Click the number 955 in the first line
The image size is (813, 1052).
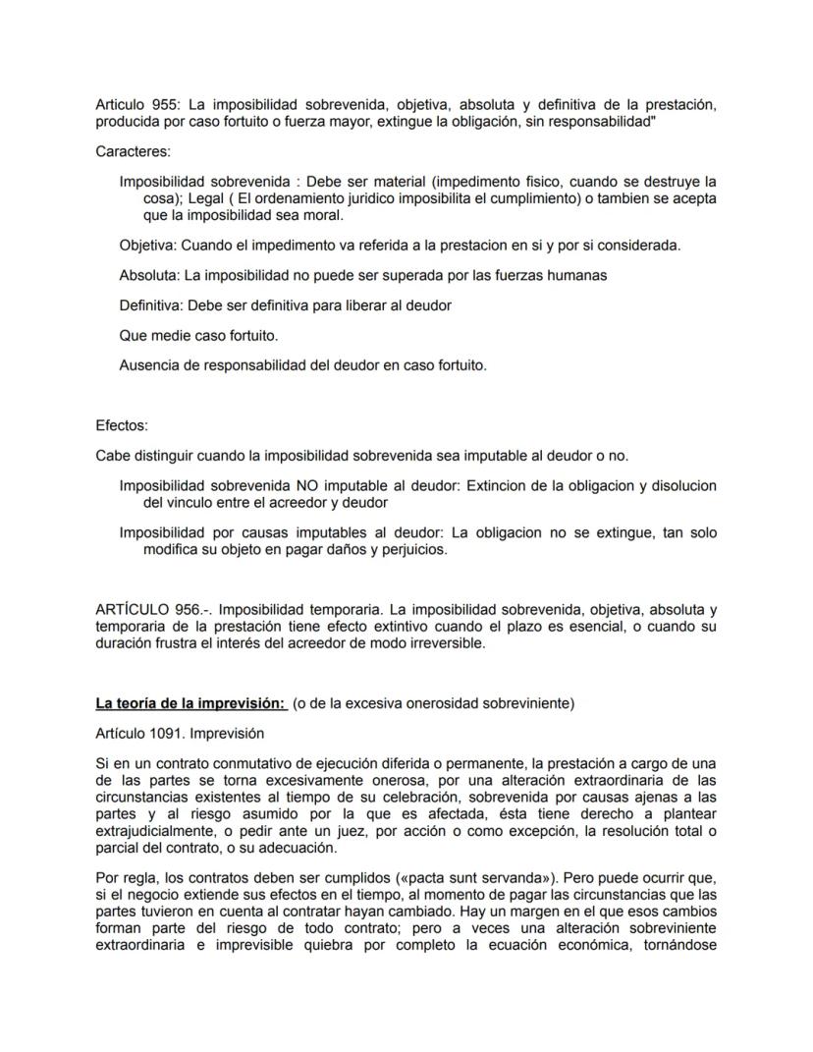[166, 104]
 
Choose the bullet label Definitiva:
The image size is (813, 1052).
[152, 305]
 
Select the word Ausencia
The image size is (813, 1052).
[150, 365]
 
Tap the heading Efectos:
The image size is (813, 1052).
[123, 425]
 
